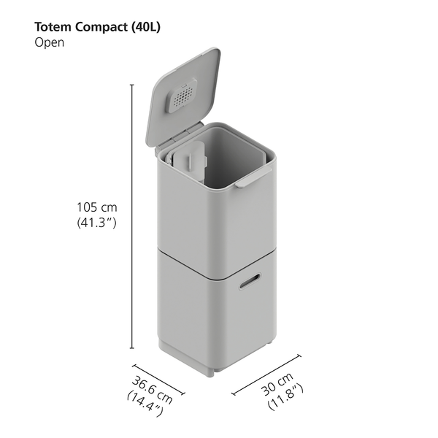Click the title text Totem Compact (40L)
[x=97, y=27]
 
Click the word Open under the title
[x=49, y=42]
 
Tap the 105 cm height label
[x=98, y=207]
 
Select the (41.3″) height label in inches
[x=98, y=224]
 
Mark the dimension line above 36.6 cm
[x=158, y=380]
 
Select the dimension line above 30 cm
[x=266, y=374]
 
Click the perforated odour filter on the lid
[x=182, y=95]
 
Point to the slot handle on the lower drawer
[x=248, y=280]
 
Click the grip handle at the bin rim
[x=253, y=177]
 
